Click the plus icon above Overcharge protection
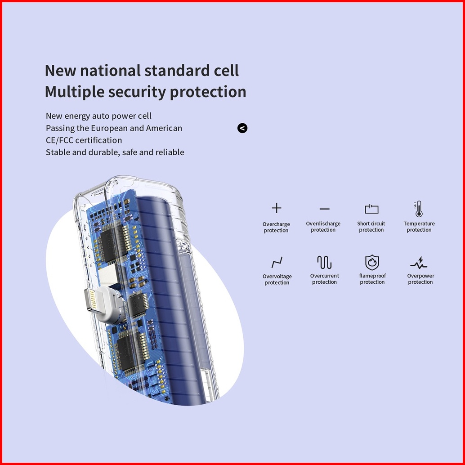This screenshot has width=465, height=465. point(277,208)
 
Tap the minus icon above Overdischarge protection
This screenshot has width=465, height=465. point(324,209)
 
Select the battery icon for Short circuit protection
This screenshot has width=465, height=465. point(371,209)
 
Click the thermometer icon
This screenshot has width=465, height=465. point(419,209)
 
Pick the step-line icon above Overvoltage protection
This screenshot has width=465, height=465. point(277,262)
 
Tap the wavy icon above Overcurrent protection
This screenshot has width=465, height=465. point(324,262)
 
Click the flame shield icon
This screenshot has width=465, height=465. point(372,262)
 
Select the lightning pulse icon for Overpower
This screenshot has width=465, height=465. point(419,262)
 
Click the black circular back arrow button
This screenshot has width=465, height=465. point(242,128)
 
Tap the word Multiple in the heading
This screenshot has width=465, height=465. point(75,92)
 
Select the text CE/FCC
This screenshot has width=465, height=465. point(59,140)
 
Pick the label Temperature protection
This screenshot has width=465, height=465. point(419,227)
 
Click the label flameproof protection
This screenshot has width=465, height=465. point(372,279)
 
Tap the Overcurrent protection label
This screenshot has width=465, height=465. point(324,279)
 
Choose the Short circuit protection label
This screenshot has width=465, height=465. point(371,227)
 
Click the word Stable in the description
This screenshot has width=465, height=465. point(58,152)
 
